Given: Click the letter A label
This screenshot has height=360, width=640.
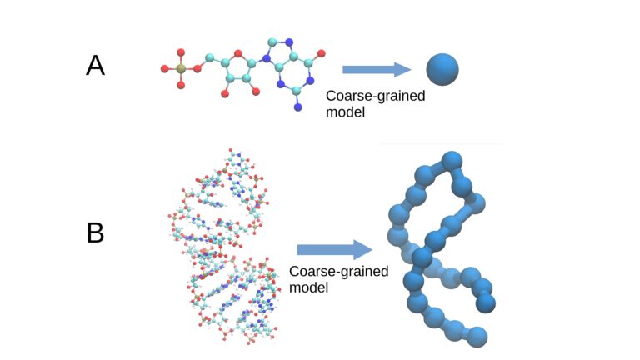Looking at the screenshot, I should point(96,65).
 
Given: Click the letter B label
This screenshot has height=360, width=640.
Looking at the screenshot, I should point(96,232).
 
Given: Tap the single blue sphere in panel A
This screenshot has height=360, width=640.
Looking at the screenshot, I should point(442,69).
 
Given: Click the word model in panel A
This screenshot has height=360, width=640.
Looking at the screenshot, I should point(345,112).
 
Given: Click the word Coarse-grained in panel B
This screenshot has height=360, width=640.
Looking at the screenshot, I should point(337,272).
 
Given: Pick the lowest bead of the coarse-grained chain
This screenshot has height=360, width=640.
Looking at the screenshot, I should point(476,336).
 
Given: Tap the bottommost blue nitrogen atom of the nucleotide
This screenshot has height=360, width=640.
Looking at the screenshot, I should point(297,109).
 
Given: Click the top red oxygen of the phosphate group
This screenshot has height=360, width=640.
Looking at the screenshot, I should point(179,53).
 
